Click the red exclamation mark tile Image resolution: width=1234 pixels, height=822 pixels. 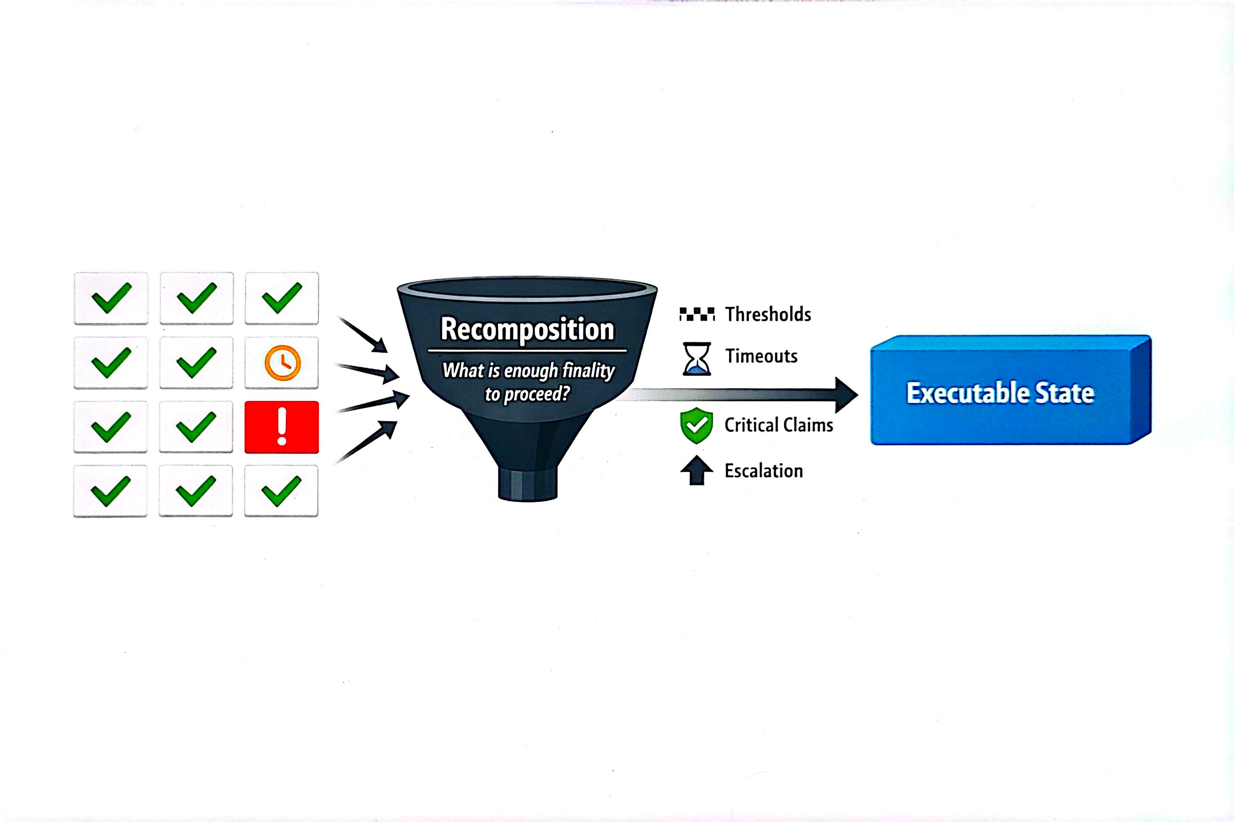coord(281,427)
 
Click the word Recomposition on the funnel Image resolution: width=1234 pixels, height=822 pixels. coord(527,329)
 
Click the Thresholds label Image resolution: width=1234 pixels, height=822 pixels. coord(768,314)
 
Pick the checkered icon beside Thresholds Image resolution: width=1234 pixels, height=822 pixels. coord(696,314)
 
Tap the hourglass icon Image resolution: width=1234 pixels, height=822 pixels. coord(696,358)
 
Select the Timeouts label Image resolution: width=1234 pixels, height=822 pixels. coord(761,356)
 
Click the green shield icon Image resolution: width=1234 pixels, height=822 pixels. coord(696,425)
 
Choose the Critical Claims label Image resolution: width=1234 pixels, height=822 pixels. coord(779,425)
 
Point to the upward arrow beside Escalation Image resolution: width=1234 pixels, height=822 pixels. coord(696,470)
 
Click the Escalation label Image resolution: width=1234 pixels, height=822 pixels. coord(764,471)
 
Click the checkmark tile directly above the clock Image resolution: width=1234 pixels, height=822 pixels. coord(282,298)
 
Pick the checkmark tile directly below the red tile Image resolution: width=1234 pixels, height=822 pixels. coord(281,491)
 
